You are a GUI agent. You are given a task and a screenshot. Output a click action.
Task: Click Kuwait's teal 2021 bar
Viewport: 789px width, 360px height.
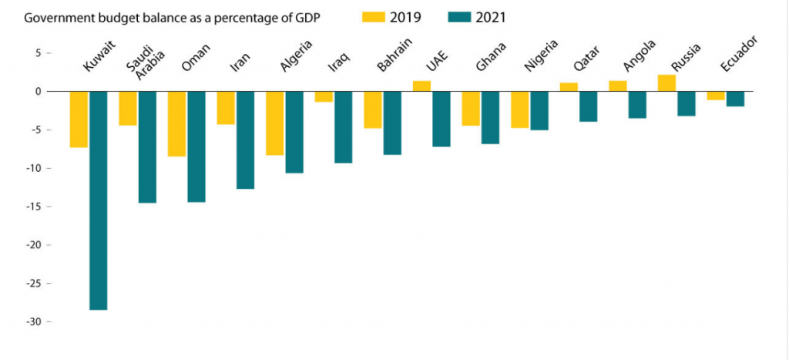[99, 200]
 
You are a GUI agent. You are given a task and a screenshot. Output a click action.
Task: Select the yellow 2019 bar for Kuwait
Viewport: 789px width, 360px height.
[79, 119]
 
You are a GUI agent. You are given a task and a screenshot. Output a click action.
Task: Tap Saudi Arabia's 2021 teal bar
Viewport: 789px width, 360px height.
[147, 147]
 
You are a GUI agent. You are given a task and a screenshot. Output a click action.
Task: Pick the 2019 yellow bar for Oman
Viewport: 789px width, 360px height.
[176, 124]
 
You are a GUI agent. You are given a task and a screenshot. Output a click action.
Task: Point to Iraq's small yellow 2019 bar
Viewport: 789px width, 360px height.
[324, 97]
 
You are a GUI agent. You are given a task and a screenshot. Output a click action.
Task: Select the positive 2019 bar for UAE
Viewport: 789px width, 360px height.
[421, 86]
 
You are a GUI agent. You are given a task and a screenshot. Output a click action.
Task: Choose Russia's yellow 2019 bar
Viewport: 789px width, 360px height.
[666, 83]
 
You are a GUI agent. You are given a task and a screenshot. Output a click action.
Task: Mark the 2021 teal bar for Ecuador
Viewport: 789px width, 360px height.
[736, 99]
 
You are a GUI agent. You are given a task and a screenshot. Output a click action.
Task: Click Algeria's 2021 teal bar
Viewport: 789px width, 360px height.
[294, 132]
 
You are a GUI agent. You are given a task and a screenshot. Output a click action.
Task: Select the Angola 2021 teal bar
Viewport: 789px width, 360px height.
[637, 105]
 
